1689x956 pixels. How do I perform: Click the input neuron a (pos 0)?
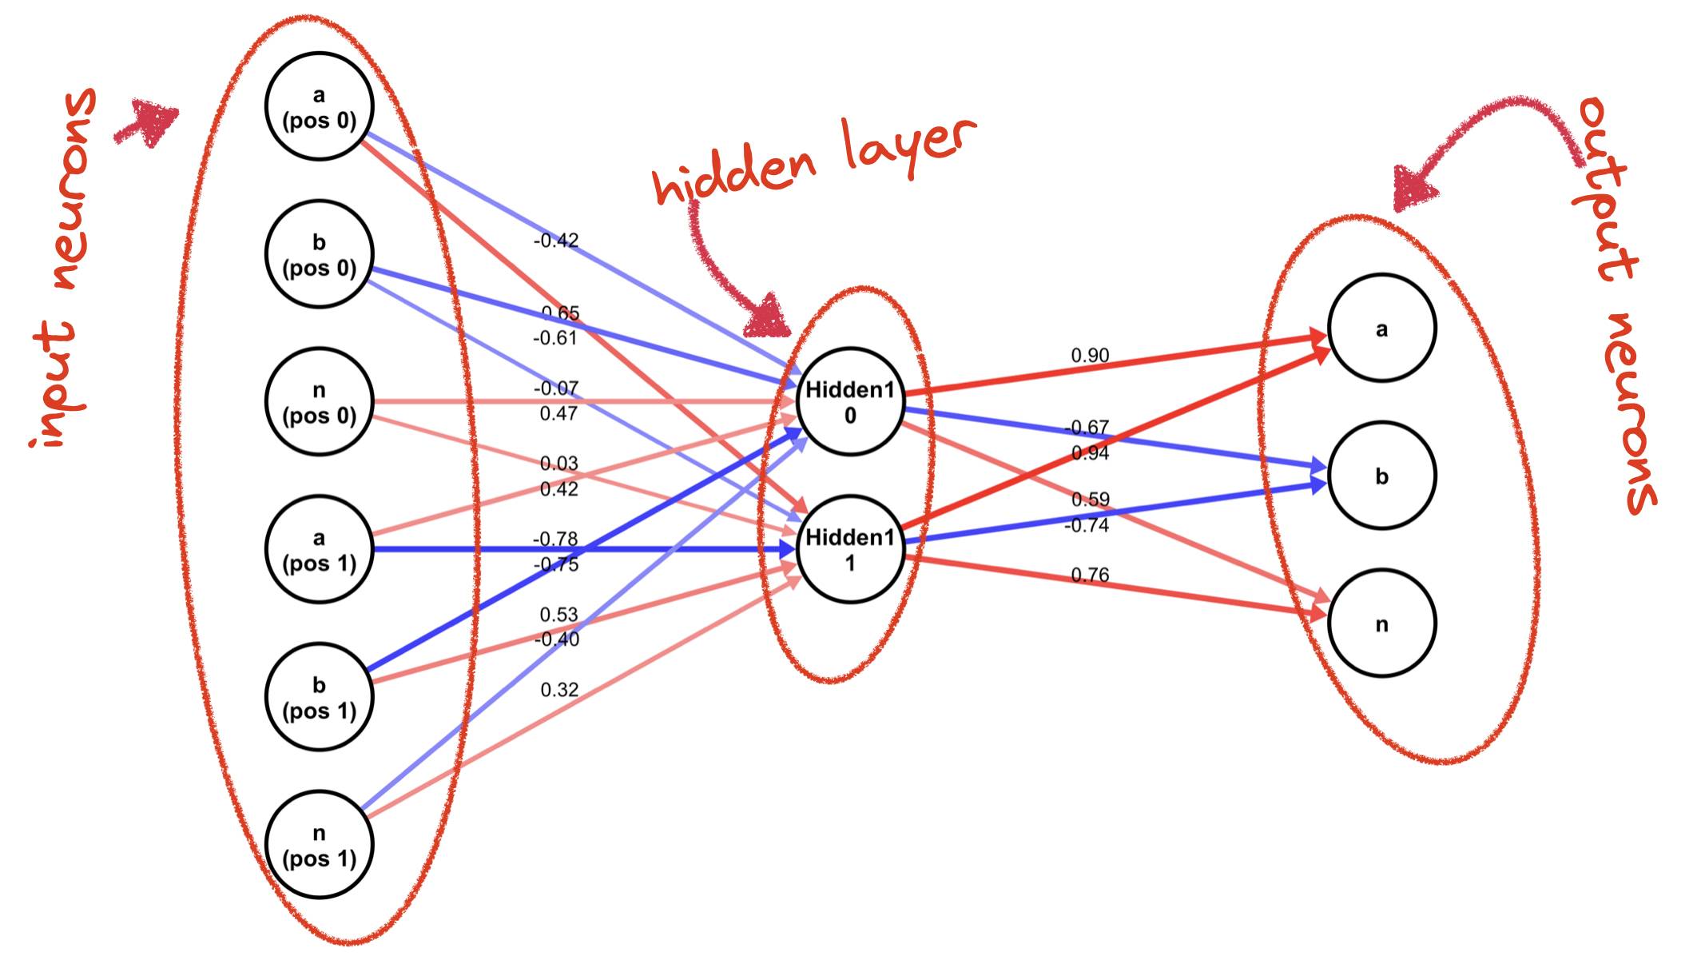(x=320, y=107)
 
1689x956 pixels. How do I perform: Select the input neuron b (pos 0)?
(x=320, y=254)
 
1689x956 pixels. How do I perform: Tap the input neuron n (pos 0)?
(x=320, y=402)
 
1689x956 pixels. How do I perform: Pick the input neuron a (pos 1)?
(x=320, y=550)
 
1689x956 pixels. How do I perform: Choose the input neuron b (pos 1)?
(x=320, y=697)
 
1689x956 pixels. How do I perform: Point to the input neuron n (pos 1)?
(x=320, y=845)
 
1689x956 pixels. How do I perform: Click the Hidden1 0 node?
(x=850, y=402)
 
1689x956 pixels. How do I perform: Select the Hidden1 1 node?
(x=850, y=550)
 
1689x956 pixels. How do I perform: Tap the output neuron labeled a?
(x=1381, y=329)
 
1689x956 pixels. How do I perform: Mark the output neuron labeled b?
(x=1381, y=476)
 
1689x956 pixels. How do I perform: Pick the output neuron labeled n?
(x=1381, y=623)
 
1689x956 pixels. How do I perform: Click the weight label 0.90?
(x=1090, y=356)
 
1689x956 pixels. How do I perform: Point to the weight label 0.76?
(x=1090, y=575)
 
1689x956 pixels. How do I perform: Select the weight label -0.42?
(x=556, y=241)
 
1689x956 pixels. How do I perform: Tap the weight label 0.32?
(x=559, y=690)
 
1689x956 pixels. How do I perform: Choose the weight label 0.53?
(x=558, y=615)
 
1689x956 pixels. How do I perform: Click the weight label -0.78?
(x=555, y=540)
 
